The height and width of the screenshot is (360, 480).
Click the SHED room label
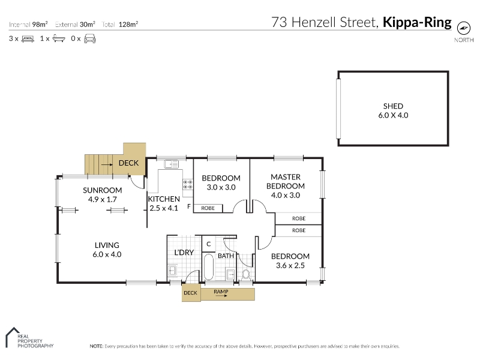point(393,106)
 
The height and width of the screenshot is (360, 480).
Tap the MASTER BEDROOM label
point(286,182)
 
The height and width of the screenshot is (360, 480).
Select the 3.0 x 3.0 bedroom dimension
point(221,187)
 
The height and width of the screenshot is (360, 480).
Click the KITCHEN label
point(164,199)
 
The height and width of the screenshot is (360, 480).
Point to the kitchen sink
point(171,164)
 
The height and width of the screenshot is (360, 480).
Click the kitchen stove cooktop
point(188,184)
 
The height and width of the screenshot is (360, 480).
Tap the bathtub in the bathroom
point(208,266)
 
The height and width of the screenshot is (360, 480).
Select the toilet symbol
point(246,275)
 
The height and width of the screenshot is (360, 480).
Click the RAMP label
point(221,292)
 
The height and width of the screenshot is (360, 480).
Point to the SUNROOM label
point(102,190)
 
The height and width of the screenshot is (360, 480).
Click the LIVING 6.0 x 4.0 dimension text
point(107,254)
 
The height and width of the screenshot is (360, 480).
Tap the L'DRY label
point(184,253)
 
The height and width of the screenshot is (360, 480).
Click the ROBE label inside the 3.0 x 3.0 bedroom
point(208,208)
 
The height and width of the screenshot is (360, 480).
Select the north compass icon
point(463,28)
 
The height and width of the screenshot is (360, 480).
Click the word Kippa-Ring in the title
point(417,22)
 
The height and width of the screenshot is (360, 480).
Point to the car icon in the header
point(89,38)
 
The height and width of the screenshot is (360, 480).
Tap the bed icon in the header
point(28,39)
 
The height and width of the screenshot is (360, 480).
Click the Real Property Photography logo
point(29,338)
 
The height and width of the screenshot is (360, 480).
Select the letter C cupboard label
point(208,244)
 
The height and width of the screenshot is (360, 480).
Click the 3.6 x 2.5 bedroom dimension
point(290,265)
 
